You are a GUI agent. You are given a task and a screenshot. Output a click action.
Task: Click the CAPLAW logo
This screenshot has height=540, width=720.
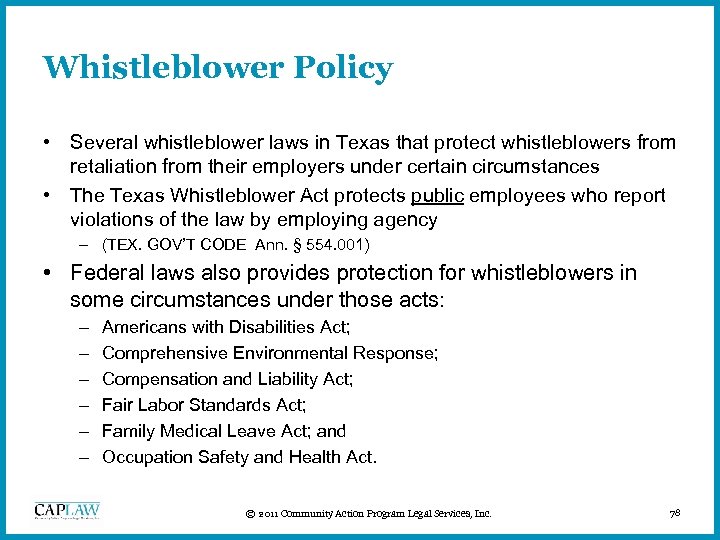[x=68, y=511]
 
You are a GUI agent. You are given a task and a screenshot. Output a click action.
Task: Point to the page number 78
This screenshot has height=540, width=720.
[x=674, y=514]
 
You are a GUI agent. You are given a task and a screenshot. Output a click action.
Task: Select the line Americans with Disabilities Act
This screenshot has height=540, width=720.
[x=225, y=327]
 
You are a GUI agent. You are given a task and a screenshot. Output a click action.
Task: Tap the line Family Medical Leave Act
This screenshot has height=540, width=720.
[x=223, y=431]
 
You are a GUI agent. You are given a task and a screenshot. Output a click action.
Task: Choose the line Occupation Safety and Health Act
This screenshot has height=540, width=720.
[x=239, y=457]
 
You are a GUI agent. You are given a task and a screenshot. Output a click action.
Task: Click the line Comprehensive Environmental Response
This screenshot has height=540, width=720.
[x=270, y=353]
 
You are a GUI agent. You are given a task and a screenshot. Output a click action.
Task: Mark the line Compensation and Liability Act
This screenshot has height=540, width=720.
[x=227, y=379]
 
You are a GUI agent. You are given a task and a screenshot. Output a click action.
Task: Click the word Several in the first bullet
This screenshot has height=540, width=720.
[x=102, y=143]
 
